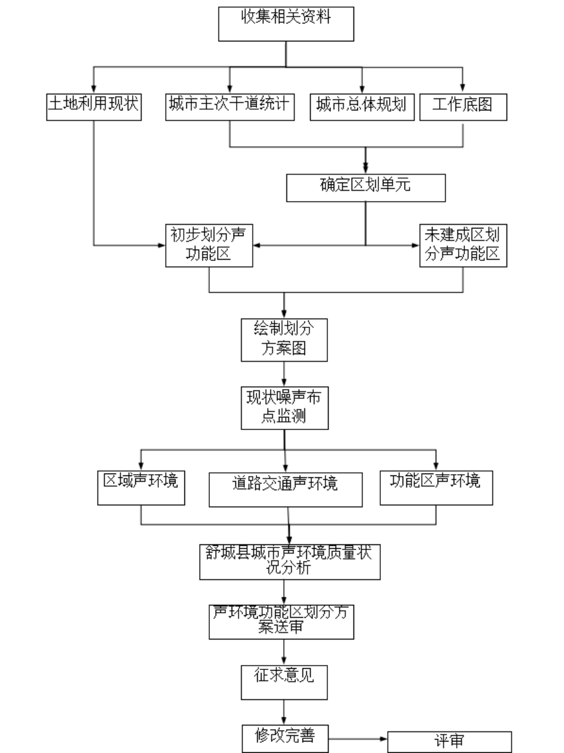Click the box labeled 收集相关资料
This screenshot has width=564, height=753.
[x=286, y=24]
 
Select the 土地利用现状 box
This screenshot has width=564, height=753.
[x=94, y=107]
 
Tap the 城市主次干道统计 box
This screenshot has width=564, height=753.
[x=230, y=107]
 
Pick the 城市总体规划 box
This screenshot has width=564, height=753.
[x=362, y=107]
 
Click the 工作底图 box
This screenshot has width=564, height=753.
[x=463, y=107]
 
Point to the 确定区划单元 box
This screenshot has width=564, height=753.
[x=366, y=188]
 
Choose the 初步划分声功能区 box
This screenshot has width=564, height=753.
[x=209, y=246]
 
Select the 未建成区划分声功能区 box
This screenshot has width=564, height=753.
[x=463, y=246]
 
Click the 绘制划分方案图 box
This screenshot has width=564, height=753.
[x=284, y=340]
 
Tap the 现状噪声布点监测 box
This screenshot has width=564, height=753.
[x=285, y=408]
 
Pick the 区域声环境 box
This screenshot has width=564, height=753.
[x=141, y=488]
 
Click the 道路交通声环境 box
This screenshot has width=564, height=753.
[x=286, y=489]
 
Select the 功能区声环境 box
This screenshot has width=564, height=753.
[x=436, y=488]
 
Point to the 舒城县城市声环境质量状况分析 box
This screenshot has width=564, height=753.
[x=290, y=562]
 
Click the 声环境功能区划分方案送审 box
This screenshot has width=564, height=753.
[x=281, y=622]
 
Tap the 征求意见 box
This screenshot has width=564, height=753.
[x=284, y=682]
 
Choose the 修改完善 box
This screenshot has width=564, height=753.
[x=285, y=738]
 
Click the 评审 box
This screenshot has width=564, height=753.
[x=449, y=742]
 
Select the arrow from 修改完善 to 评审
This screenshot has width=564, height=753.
[x=358, y=738]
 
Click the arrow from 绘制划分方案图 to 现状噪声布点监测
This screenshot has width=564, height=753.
[x=284, y=374]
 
